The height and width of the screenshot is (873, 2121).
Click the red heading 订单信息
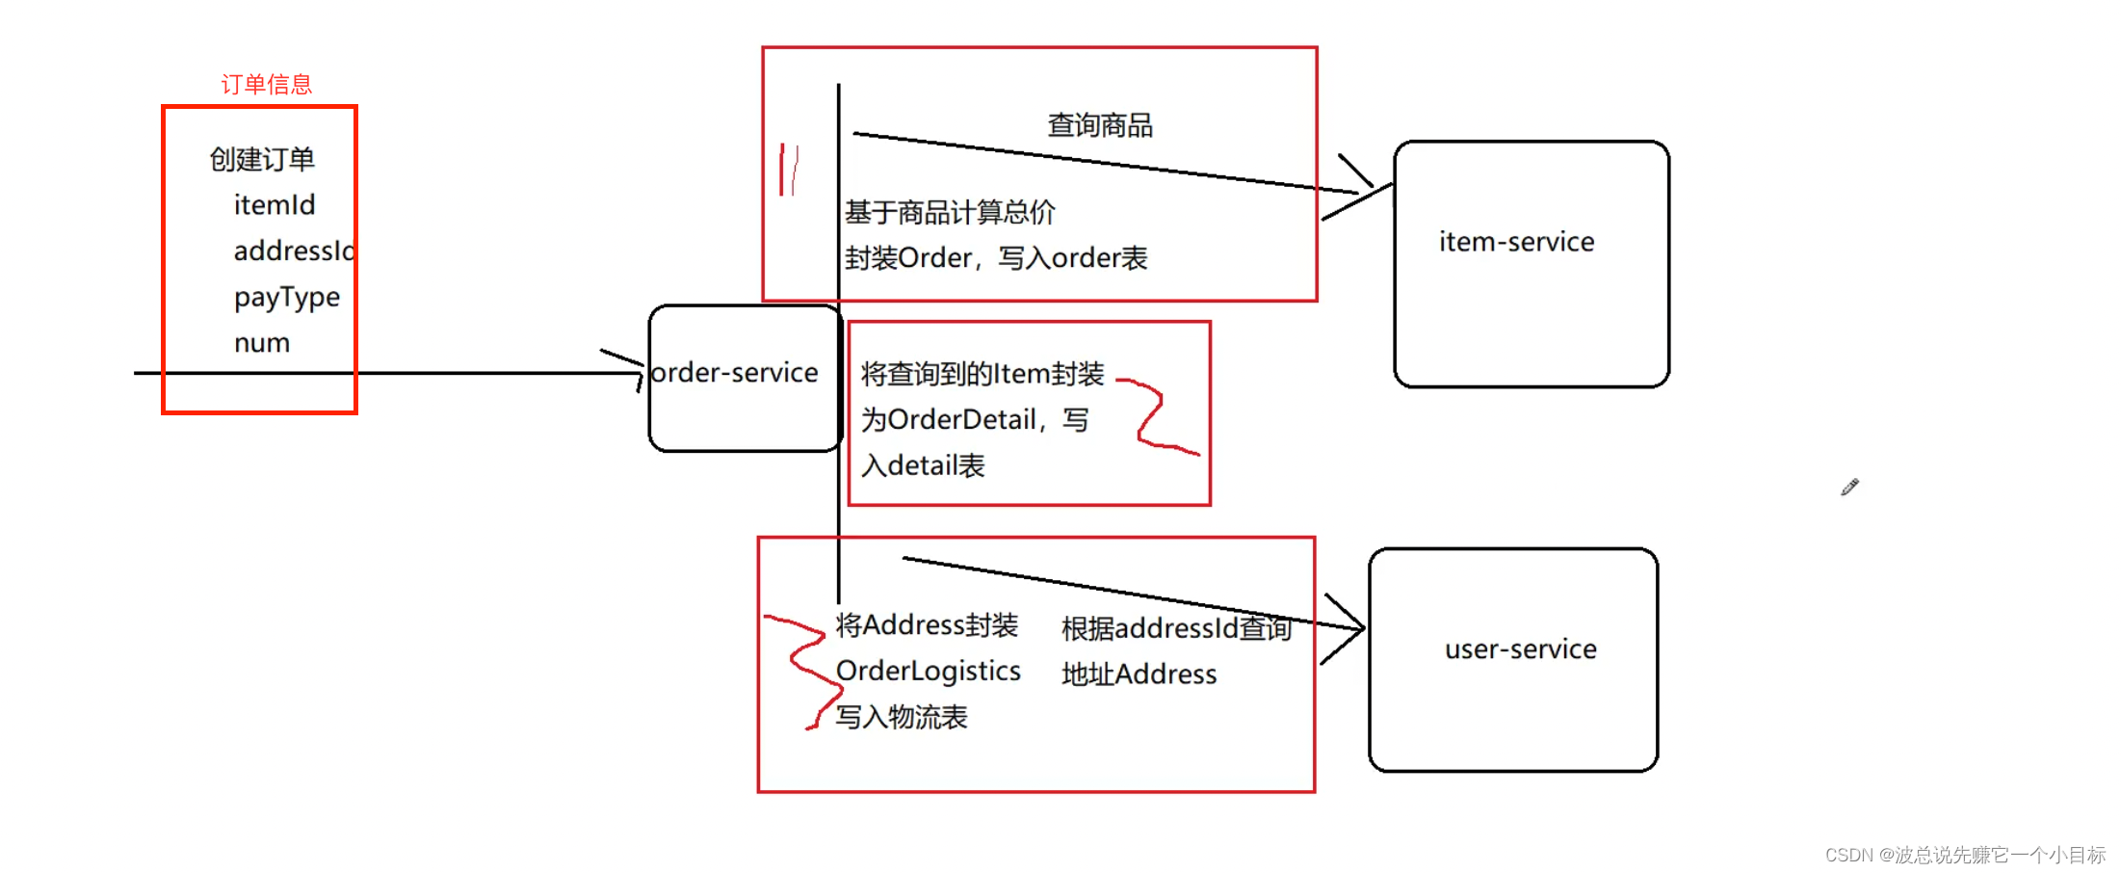tap(267, 85)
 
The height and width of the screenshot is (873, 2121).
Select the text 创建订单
tap(262, 159)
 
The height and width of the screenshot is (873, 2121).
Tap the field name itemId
tap(275, 205)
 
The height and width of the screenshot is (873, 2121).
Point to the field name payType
tap(287, 298)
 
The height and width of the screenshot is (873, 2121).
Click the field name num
tap(262, 343)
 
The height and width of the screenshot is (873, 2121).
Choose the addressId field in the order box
tap(293, 251)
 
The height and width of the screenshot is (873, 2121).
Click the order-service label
tap(734, 373)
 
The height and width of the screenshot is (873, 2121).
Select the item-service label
tap(1516, 242)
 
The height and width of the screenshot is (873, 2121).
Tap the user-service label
tap(1520, 649)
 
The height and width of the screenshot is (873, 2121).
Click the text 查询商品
tap(1100, 125)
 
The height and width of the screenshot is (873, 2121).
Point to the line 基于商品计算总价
tap(950, 212)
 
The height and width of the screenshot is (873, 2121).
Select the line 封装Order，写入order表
tap(996, 258)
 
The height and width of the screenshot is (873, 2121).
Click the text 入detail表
tap(923, 466)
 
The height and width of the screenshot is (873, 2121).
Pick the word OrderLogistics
tap(928, 671)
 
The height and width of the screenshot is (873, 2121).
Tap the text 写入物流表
tap(901, 717)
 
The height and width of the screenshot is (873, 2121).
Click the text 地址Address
tap(1139, 675)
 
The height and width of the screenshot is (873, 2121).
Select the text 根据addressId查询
tap(1176, 628)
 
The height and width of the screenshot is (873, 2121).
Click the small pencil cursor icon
tap(1849, 488)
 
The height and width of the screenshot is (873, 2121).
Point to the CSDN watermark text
tap(1964, 855)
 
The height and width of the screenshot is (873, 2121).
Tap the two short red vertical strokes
tap(789, 170)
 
